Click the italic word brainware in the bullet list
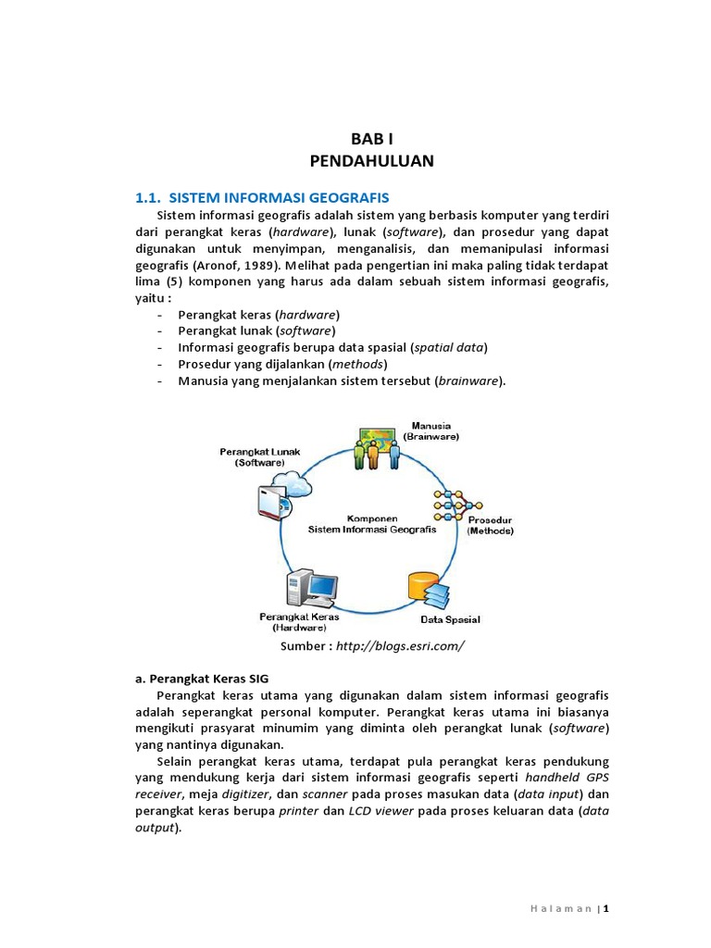pyautogui.click(x=469, y=380)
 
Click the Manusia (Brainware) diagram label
pyautogui.click(x=430, y=430)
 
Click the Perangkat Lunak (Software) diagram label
pyautogui.click(x=260, y=457)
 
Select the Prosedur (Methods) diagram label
pyautogui.click(x=490, y=525)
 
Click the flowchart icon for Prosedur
pyautogui.click(x=455, y=505)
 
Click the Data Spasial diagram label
pyautogui.click(x=451, y=619)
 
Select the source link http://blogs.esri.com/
pyautogui.click(x=402, y=645)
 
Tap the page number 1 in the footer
pyautogui.click(x=606, y=909)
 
